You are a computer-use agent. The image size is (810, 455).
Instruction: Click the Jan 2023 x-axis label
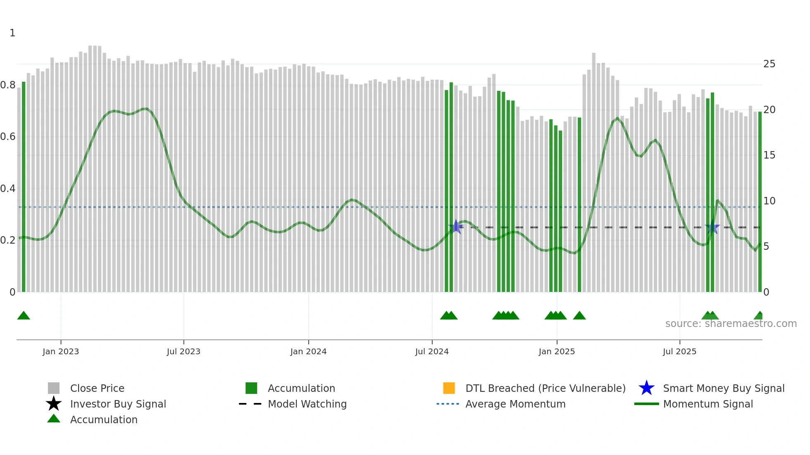click(61, 351)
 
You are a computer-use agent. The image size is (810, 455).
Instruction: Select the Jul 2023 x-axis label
click(183, 351)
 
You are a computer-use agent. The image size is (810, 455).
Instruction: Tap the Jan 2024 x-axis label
click(308, 351)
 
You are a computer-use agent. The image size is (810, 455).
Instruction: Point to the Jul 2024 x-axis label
click(432, 351)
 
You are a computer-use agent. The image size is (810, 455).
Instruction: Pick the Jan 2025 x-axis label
click(557, 351)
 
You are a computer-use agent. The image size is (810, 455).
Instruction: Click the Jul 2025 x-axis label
click(679, 351)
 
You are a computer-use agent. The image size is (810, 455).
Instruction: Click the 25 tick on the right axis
click(769, 64)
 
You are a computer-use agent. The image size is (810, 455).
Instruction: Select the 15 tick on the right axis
click(769, 155)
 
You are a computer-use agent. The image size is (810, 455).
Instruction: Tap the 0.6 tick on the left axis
click(8, 137)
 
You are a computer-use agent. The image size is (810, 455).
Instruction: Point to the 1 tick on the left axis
click(12, 33)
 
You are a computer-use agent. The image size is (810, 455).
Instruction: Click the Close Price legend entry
click(97, 388)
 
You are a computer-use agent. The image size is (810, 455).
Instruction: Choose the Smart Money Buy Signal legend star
click(646, 388)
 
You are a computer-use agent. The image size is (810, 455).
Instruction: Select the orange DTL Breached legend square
click(449, 388)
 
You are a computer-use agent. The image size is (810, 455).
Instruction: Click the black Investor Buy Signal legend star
click(54, 404)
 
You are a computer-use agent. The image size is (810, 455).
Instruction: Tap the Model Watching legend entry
click(307, 404)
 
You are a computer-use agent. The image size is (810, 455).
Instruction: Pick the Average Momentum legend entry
click(515, 404)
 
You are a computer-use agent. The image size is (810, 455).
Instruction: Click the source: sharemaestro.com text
click(731, 324)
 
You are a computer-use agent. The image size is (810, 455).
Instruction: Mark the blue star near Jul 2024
click(456, 227)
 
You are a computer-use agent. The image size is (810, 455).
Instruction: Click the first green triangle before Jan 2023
click(24, 316)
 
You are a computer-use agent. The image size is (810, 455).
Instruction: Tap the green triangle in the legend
click(54, 419)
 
